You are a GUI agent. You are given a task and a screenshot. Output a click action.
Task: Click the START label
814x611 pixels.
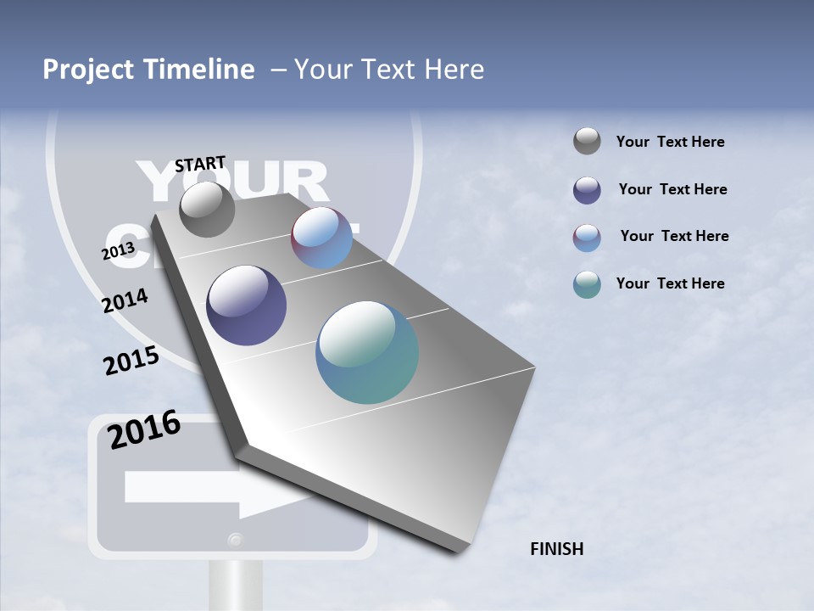point(200,164)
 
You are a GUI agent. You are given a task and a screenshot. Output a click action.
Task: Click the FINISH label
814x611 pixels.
point(556,549)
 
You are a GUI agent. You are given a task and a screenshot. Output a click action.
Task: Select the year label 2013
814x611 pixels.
point(118,251)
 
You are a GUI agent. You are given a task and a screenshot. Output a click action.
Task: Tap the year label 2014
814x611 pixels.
point(125,300)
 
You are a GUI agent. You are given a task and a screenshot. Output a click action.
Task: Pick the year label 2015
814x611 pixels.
point(131,361)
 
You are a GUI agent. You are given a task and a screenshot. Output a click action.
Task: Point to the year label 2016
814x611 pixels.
point(144,430)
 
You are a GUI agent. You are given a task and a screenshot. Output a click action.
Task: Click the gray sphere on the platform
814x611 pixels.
point(207,209)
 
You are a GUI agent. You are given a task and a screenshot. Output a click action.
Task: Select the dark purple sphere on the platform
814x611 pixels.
point(246,305)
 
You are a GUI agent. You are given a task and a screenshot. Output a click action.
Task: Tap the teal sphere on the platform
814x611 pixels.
point(367,352)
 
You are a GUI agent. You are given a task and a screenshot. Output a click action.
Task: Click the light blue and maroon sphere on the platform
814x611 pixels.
point(322,238)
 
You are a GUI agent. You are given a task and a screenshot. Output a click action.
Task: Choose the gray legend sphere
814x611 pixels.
point(587,142)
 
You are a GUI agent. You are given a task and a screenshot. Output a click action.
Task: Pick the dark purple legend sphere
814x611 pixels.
point(587,190)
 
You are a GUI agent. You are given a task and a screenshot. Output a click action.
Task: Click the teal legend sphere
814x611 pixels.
point(587,284)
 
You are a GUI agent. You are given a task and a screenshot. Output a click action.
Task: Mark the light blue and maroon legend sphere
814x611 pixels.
point(587,238)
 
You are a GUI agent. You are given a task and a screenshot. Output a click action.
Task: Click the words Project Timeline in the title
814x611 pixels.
point(148,70)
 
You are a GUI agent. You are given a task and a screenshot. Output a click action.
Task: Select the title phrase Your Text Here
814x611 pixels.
point(388,70)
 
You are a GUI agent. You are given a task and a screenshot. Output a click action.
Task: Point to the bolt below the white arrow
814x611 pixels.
point(235,539)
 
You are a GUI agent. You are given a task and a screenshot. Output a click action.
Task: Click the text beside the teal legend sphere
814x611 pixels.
point(670,283)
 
